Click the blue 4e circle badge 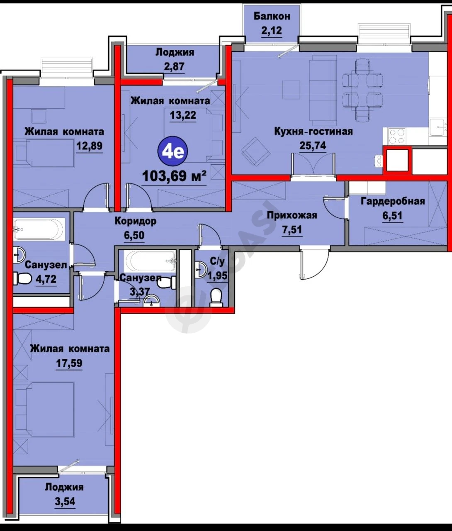tap(173, 151)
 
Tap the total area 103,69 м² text tap(174, 176)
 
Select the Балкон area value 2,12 tap(272, 31)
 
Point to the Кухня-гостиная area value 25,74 tap(313, 146)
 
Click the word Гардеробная tap(393, 201)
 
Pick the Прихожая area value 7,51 tap(292, 229)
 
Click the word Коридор tap(135, 221)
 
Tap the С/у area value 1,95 tap(218, 275)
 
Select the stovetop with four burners tap(397, 136)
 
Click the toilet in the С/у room tap(216, 297)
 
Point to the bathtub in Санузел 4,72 tap(39, 229)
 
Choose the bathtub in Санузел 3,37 tap(150, 261)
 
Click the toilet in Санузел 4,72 tap(22, 278)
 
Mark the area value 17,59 tap(69, 363)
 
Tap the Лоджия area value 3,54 tap(65, 501)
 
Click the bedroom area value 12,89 tap(90, 146)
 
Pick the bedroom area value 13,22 tap(183, 115)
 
